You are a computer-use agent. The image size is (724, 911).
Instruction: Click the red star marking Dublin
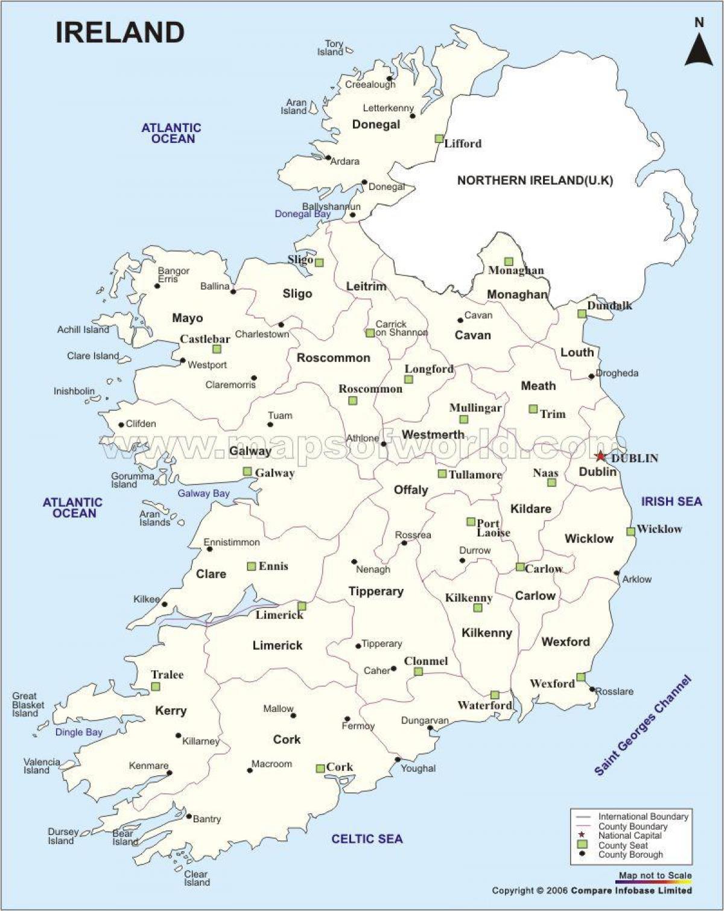coord(600,457)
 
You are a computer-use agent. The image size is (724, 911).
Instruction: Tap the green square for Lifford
coord(439,138)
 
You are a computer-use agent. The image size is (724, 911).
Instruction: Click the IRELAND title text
coord(120,33)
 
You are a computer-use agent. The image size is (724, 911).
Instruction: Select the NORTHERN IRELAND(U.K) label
coord(535,180)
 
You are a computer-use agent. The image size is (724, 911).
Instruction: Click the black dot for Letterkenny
coord(413,115)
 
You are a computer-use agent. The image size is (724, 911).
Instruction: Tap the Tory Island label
coord(331,48)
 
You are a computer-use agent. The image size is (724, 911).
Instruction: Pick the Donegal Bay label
coord(302,214)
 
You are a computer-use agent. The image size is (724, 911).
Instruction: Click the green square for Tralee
coord(156,687)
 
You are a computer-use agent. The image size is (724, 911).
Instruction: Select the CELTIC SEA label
coord(367,839)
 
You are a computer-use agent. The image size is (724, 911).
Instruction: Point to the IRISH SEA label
coord(671,501)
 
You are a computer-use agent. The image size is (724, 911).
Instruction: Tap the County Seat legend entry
coord(623,845)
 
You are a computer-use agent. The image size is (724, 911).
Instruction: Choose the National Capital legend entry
coord(629,836)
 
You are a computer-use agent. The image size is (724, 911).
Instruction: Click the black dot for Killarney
coord(178,735)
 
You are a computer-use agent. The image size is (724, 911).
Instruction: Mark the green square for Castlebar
coord(217,349)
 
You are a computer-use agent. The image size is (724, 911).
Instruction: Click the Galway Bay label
coord(203,494)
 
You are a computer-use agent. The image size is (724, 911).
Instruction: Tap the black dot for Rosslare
coord(592,689)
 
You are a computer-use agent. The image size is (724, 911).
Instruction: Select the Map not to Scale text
coord(655,875)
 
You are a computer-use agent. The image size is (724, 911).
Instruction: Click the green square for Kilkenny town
coord(477,608)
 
